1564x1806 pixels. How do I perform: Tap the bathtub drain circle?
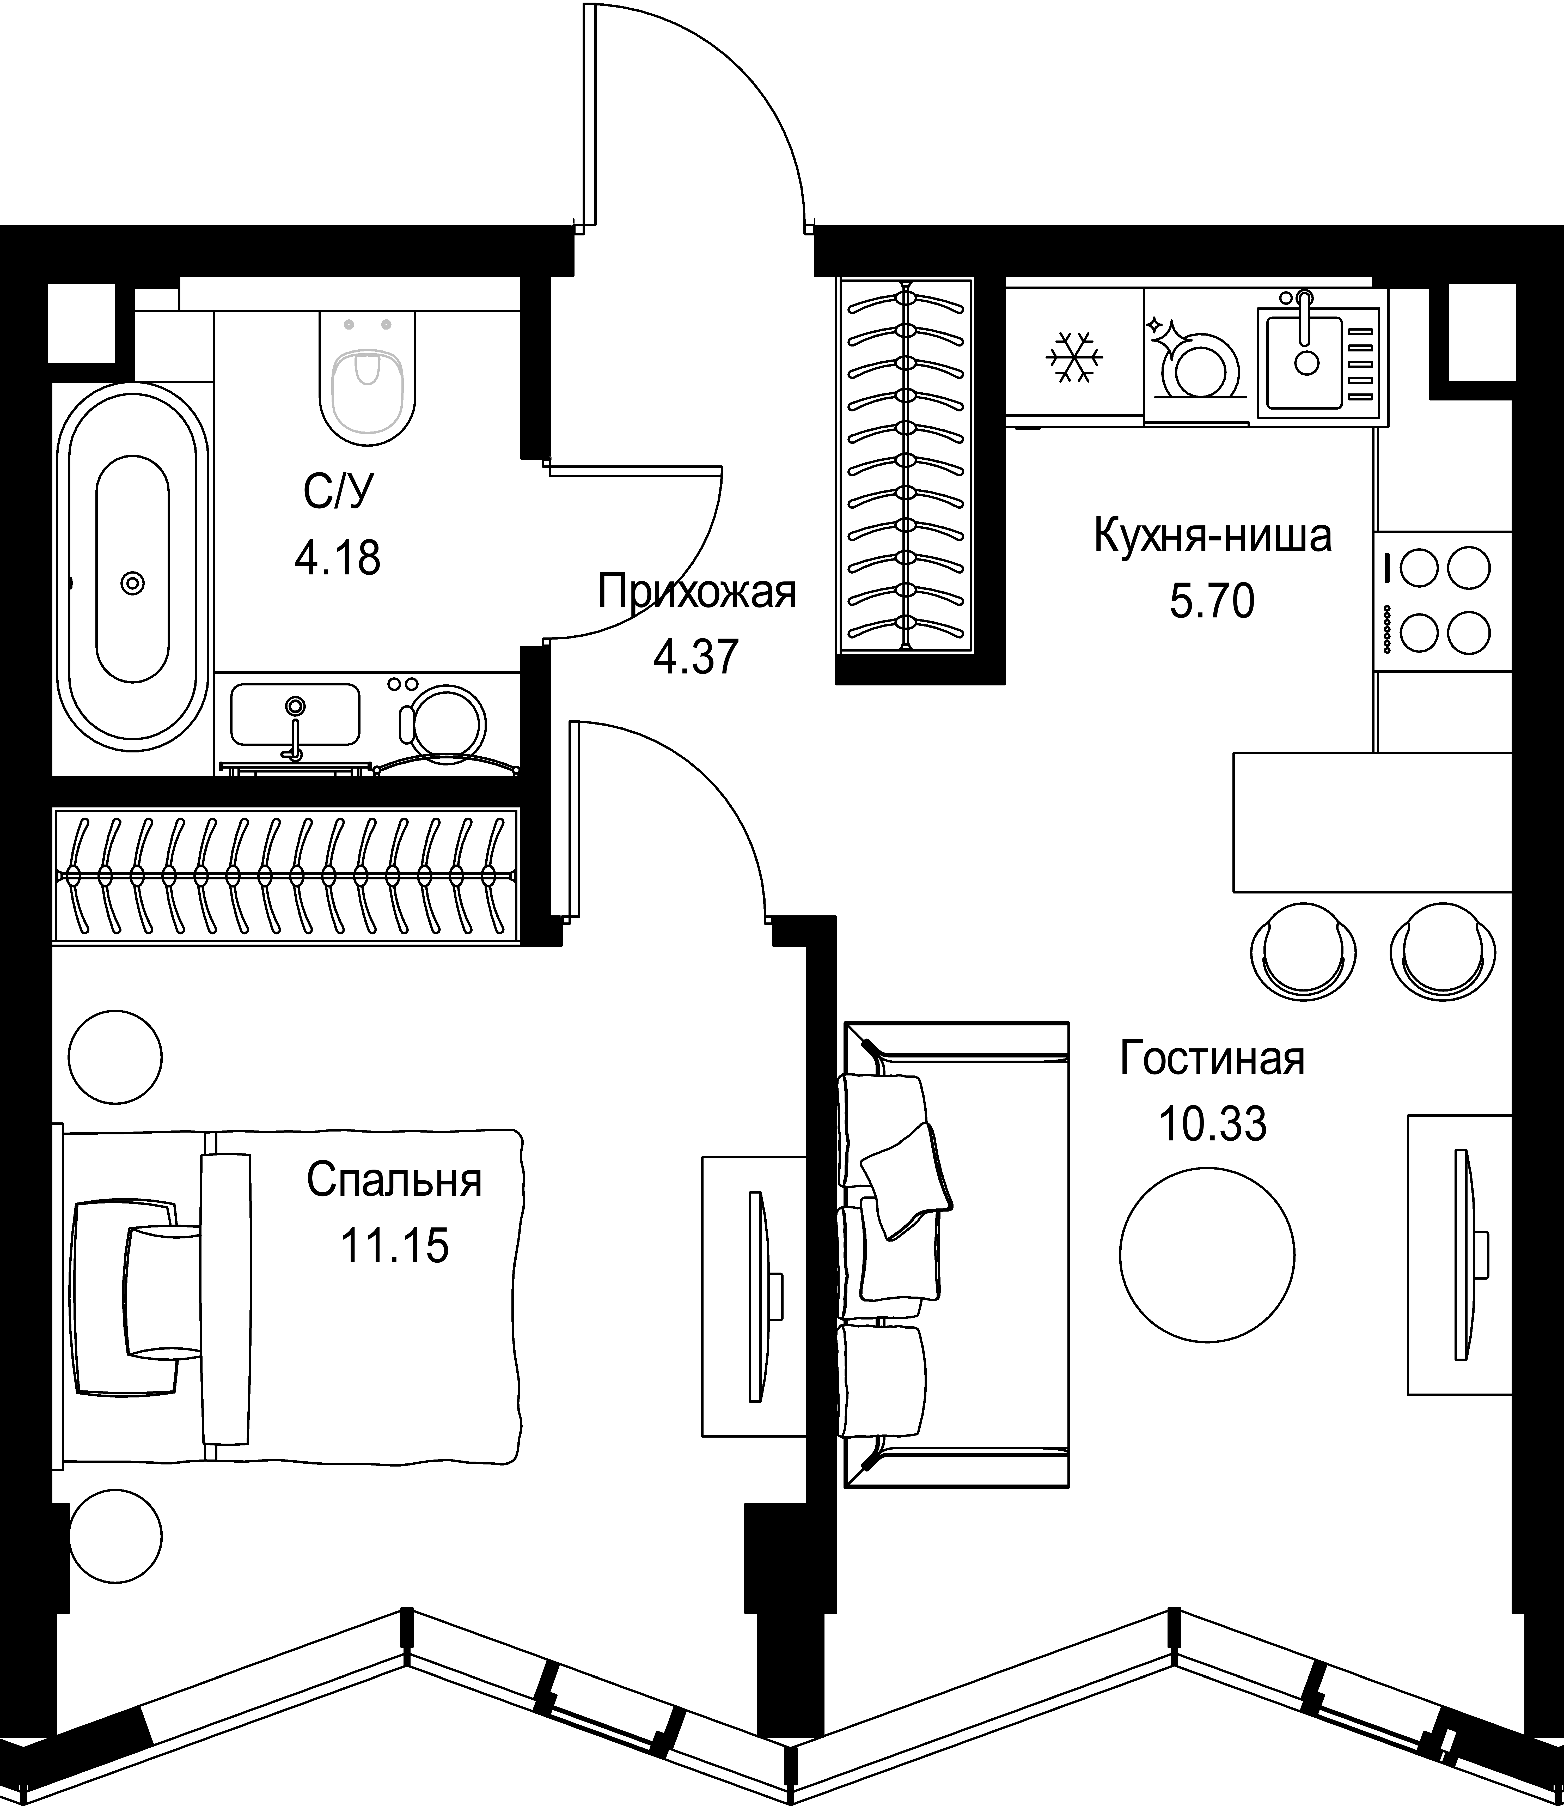(x=133, y=582)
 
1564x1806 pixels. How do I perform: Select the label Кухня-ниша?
(x=1212, y=536)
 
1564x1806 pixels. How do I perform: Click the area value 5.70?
(x=1212, y=601)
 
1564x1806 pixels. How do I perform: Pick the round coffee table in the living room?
(x=1207, y=1254)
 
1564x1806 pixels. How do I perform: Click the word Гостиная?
(x=1212, y=1059)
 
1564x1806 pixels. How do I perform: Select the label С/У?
(x=338, y=493)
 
